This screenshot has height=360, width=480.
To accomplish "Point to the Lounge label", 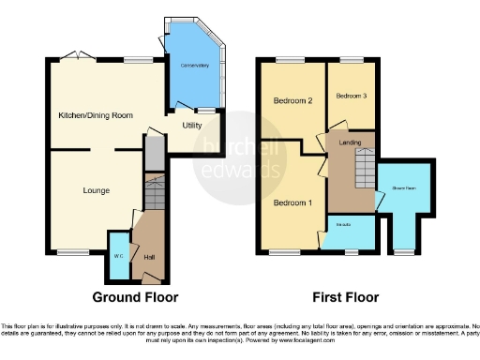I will coord(95,190).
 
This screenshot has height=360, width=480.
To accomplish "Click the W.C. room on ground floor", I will coord(119,254).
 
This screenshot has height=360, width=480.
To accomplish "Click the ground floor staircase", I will coord(153,198).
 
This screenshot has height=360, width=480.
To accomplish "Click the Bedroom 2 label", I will coord(292,99).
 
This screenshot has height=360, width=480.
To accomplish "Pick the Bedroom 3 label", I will coord(350,96).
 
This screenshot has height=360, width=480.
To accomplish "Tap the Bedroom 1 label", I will coord(292,202).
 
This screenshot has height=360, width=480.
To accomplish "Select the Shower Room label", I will coord(403,187).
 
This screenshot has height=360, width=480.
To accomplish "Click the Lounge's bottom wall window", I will coord(70,251).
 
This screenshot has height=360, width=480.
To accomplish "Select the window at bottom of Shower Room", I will coord(403,251).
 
